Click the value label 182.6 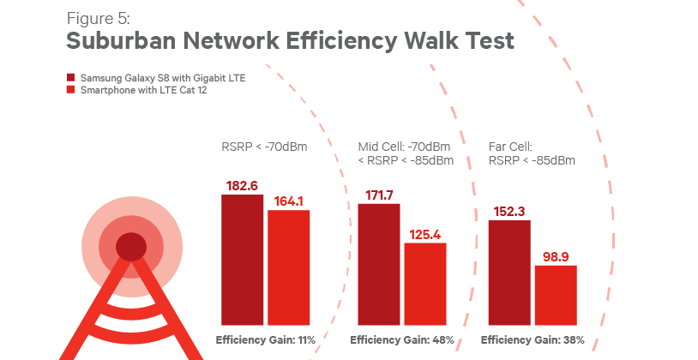point(243,186)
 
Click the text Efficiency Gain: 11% point(266,340)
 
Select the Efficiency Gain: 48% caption point(402,340)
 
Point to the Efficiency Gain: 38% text point(533,340)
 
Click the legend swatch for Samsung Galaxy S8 point(72,78)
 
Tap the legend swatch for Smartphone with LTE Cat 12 point(72,89)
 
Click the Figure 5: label point(98,18)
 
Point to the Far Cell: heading point(511,147)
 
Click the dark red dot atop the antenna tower point(130,247)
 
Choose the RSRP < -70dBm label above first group point(264,147)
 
